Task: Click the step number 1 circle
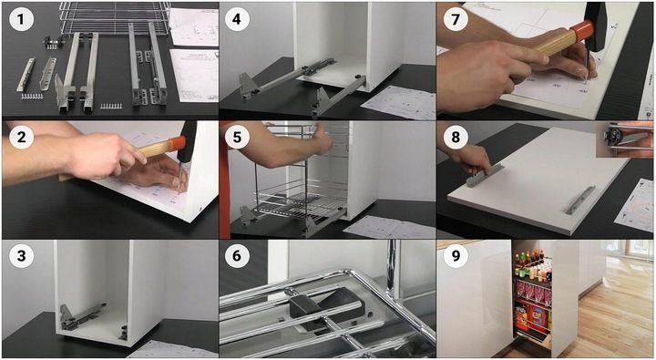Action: [x=21, y=20]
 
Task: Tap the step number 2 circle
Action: [x=21, y=137]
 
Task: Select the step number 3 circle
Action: [x=21, y=255]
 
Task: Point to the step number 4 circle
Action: [x=237, y=20]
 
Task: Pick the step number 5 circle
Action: [x=237, y=137]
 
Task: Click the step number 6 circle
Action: [x=237, y=255]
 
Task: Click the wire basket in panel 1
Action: [x=115, y=18]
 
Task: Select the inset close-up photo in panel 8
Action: [x=624, y=139]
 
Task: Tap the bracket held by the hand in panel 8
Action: [x=485, y=176]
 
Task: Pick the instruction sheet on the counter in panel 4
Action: [x=398, y=103]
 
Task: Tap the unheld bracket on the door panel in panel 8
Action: [x=580, y=201]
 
